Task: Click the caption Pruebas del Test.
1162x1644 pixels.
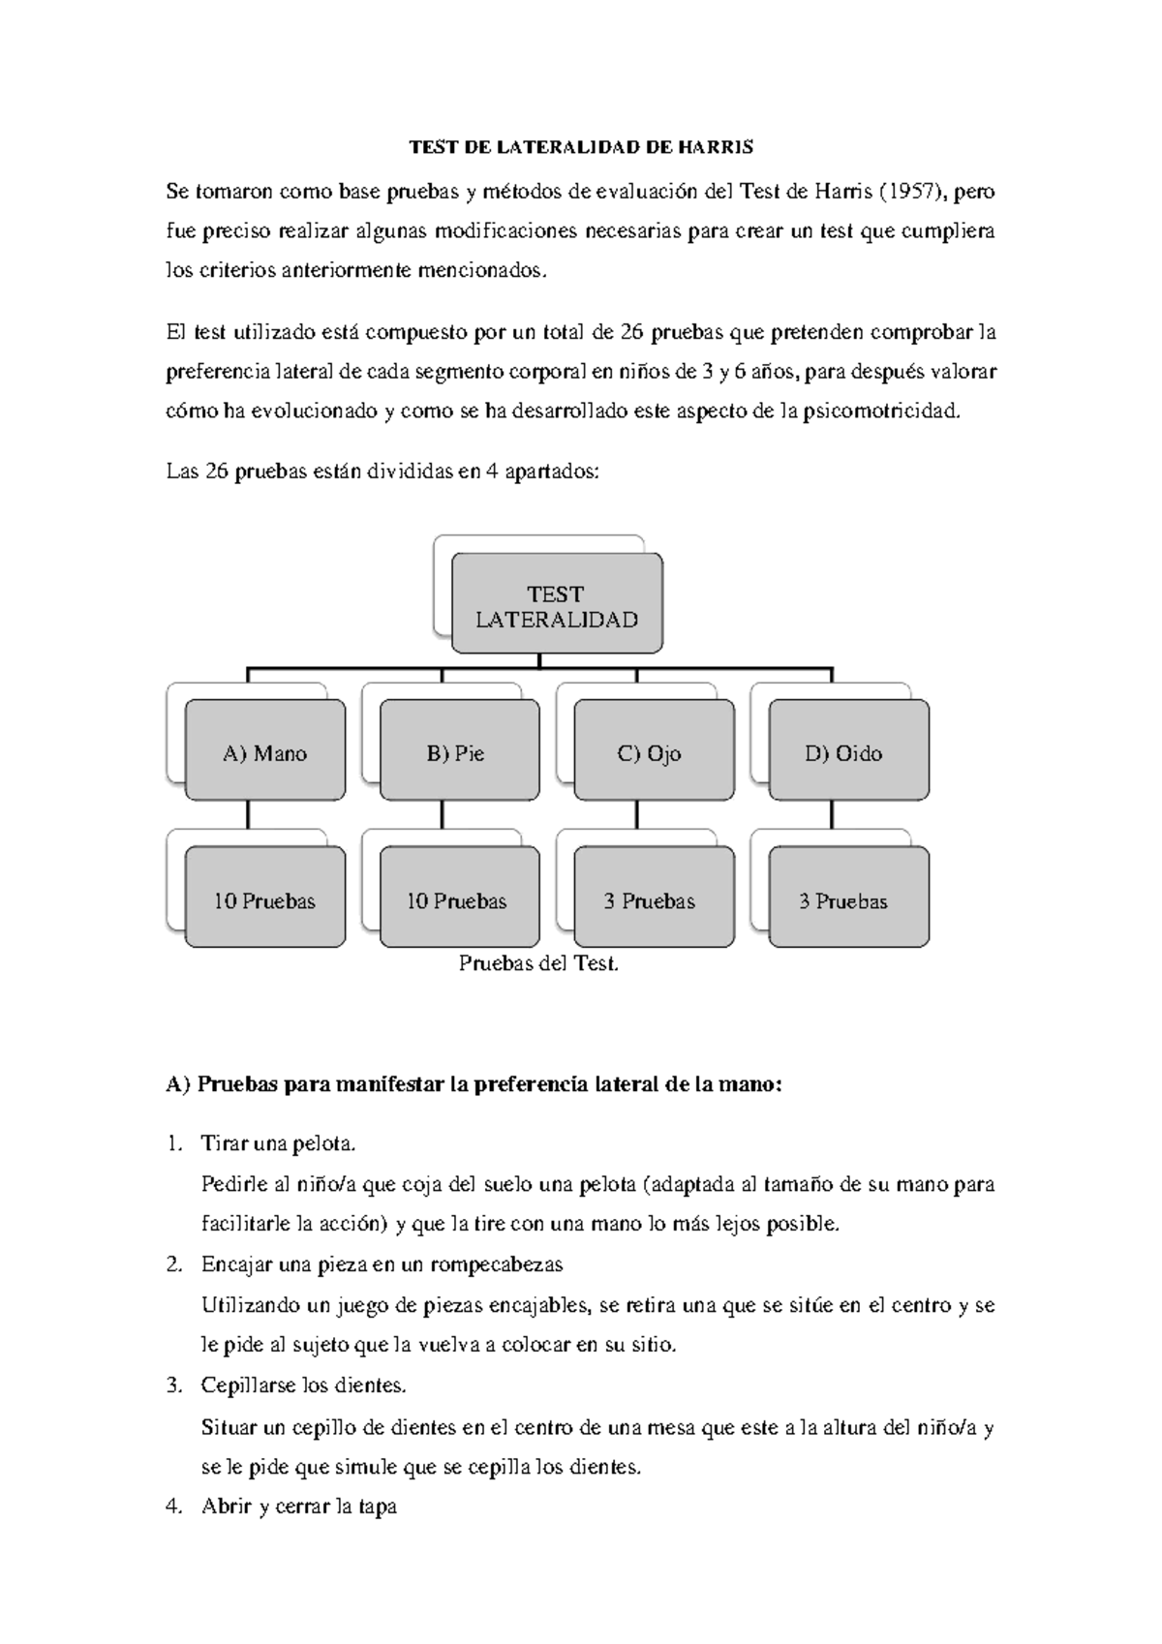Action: pyautogui.click(x=538, y=963)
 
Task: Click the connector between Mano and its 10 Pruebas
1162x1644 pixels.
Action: pyautogui.click(x=248, y=814)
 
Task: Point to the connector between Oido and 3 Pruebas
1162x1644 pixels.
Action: pyautogui.click(x=832, y=814)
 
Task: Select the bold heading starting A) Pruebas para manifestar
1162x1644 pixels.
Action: pyautogui.click(x=473, y=1084)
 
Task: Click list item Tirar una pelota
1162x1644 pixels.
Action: pyautogui.click(x=279, y=1144)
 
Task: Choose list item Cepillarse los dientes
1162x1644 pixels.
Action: pyautogui.click(x=303, y=1385)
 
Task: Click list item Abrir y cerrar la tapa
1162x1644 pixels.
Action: pyautogui.click(x=298, y=1507)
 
